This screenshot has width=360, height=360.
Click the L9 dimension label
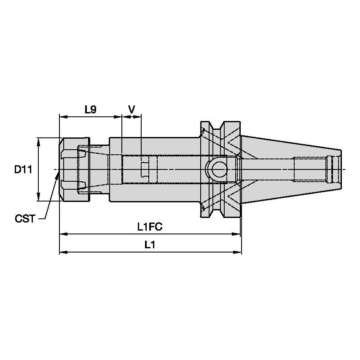90,110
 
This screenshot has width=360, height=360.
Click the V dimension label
132,110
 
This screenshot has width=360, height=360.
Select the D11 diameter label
23,170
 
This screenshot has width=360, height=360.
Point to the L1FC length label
150,227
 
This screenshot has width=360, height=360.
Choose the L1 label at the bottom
150,245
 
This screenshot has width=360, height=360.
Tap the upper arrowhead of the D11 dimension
39,140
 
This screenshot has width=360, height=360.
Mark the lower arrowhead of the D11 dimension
39,199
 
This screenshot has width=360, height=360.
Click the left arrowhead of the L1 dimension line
62,252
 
